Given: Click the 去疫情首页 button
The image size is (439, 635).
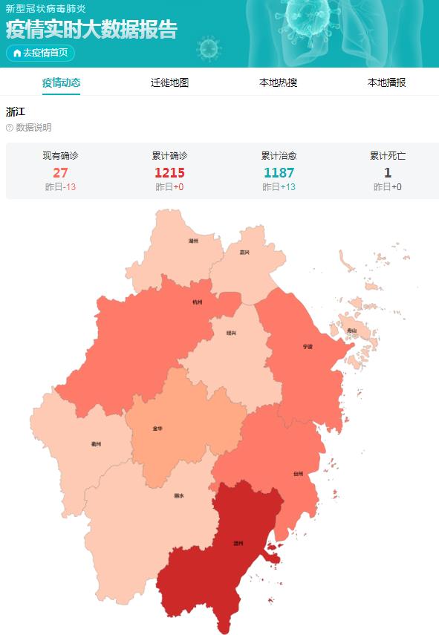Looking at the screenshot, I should (x=41, y=53).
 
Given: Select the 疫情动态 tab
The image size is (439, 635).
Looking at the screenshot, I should (x=62, y=82).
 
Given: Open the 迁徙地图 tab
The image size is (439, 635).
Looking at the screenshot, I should (x=169, y=82).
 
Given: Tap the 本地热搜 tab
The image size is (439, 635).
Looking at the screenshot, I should (x=278, y=82).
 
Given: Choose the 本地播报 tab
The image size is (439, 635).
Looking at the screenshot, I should (x=386, y=82).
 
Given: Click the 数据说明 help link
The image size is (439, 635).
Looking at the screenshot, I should (x=29, y=128).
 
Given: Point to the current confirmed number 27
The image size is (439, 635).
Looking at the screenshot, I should (x=60, y=172).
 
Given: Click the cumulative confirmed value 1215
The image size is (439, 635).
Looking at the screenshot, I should (x=169, y=172).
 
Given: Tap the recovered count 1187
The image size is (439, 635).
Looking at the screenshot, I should (x=279, y=172).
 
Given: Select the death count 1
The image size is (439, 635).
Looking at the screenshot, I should (x=387, y=172).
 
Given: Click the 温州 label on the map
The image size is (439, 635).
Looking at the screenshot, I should (x=238, y=544).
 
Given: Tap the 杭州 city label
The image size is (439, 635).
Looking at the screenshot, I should (x=197, y=302).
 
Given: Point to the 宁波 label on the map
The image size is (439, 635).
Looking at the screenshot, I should (x=308, y=347).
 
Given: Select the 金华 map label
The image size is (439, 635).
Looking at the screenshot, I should (x=157, y=429).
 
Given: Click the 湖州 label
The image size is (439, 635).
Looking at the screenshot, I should (x=193, y=241).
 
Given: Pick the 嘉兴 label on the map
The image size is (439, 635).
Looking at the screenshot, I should (x=244, y=253).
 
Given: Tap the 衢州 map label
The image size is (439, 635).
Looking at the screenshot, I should (x=96, y=444).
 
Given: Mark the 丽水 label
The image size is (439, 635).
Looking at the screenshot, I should (x=178, y=495).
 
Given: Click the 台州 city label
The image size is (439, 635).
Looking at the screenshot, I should (x=298, y=473).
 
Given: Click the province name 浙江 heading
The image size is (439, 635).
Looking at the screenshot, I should (x=16, y=112).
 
